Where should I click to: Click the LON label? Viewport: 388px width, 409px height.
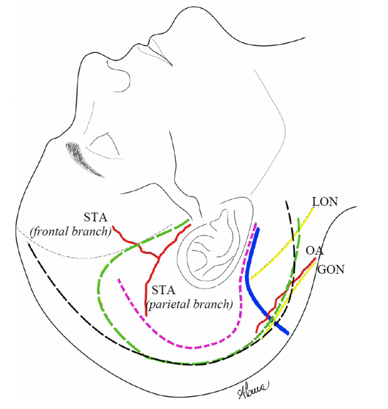(x=325, y=201)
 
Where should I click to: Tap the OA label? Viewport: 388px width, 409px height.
(x=312, y=251)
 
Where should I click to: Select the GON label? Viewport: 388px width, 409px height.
(x=330, y=269)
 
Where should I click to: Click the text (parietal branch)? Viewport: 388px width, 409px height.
(x=190, y=304)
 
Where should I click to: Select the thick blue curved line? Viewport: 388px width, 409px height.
(x=248, y=280)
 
